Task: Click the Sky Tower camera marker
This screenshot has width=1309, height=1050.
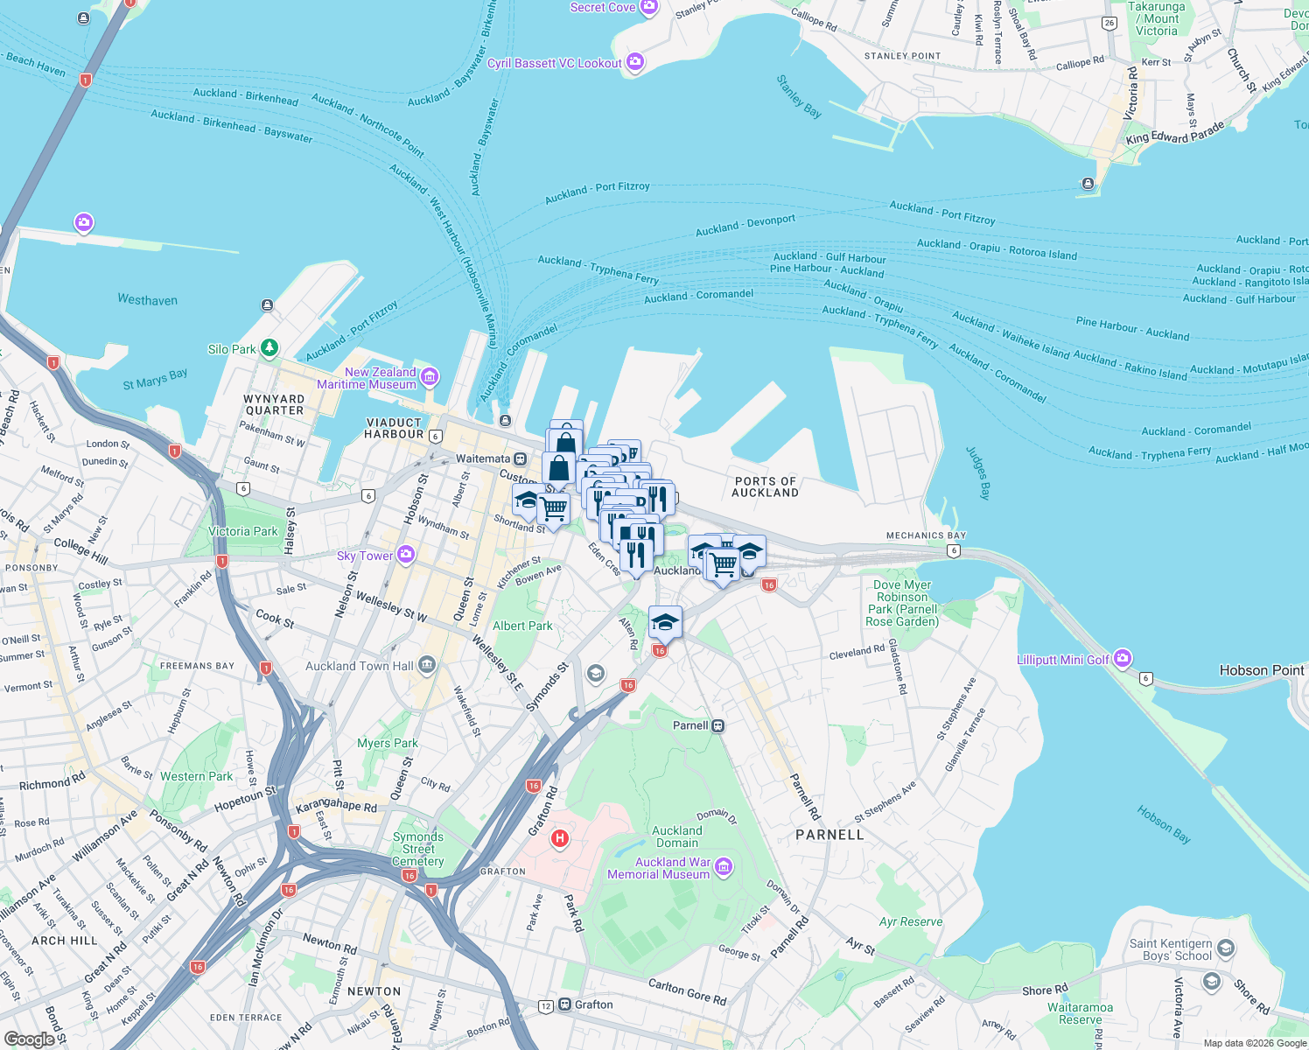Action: [x=405, y=555]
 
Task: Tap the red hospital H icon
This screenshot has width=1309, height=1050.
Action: [x=560, y=839]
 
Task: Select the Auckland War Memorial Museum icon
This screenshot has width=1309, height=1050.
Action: [x=723, y=867]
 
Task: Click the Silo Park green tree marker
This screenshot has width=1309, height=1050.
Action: [x=269, y=348]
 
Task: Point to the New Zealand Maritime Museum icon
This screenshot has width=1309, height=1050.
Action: [x=429, y=377]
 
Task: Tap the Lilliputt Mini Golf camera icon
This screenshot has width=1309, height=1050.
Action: [x=1123, y=658]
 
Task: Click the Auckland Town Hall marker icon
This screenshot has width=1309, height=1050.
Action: [x=426, y=666]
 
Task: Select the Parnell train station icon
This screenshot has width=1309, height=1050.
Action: [x=718, y=725]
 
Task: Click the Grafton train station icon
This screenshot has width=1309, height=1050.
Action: [x=565, y=1004]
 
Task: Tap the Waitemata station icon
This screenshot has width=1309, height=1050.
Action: [x=521, y=458]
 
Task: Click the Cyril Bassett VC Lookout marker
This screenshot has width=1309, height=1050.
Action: [x=635, y=62]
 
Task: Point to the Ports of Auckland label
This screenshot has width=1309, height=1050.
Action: [x=766, y=487]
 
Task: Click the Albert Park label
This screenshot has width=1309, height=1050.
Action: [x=522, y=626]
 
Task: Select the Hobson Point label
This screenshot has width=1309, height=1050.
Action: [x=1262, y=670]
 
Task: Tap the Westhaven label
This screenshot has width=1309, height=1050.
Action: [x=147, y=300]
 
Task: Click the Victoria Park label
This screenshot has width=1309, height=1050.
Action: [x=242, y=531]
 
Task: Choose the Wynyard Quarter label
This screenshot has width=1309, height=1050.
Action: [x=274, y=404]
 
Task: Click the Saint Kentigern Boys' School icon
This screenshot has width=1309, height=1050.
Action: [x=1226, y=948]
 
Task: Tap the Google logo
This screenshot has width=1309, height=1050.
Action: [x=29, y=1039]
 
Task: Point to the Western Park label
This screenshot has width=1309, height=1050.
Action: [x=197, y=776]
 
